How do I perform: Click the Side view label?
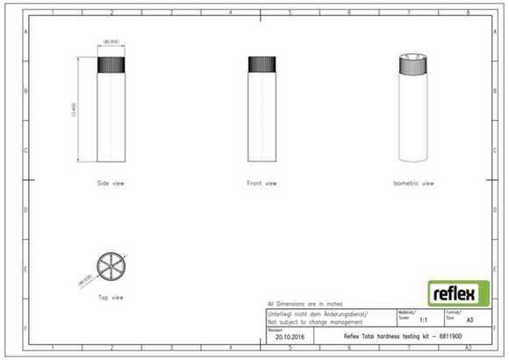click(111, 184)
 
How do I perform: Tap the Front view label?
click(262, 184)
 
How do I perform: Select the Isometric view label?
click(414, 184)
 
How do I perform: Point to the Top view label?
click(111, 298)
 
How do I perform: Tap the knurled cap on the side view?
click(111, 64)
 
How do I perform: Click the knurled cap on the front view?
click(262, 64)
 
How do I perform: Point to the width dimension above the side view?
click(111, 41)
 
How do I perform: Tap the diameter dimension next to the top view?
click(85, 279)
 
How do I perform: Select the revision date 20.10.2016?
click(289, 335)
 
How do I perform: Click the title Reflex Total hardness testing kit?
click(399, 335)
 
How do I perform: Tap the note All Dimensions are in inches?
click(305, 303)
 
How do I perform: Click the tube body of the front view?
click(262, 119)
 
